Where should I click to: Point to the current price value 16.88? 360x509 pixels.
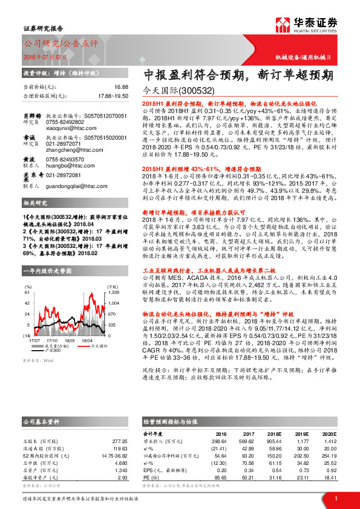(121, 87)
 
